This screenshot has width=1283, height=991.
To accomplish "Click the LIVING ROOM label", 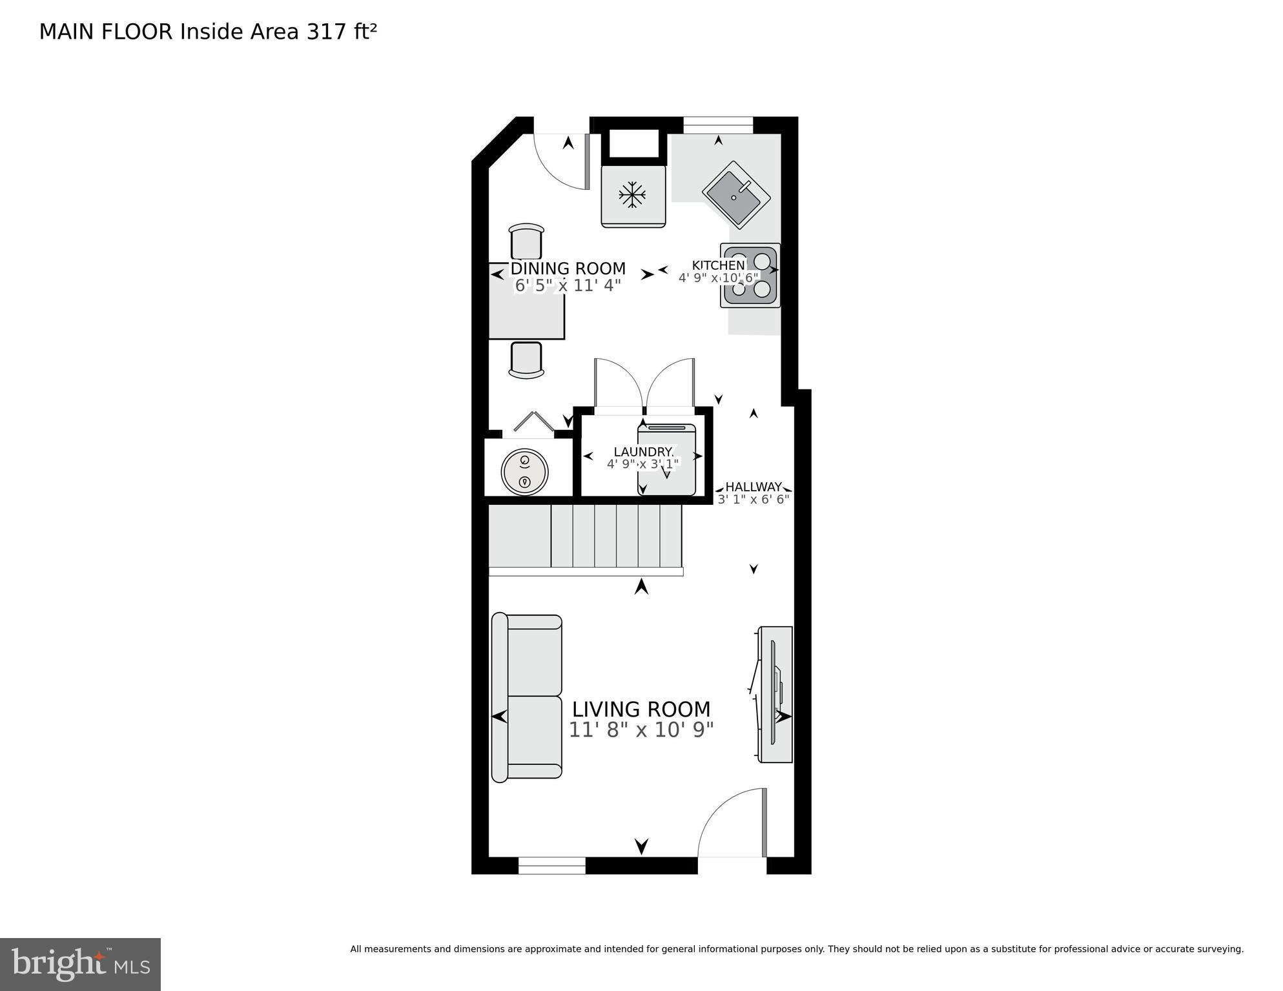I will [641, 710].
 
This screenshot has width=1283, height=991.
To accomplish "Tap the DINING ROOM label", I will [568, 269].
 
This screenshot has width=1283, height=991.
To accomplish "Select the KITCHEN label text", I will [718, 265].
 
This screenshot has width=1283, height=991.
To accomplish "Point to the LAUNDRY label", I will [643, 452].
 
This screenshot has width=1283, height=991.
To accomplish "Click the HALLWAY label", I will [753, 487].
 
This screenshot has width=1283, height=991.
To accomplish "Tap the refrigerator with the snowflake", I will [633, 196].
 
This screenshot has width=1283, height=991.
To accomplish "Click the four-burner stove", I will [750, 276].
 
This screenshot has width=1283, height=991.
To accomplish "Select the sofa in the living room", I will [526, 697].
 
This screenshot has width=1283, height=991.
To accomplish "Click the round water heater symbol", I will [524, 471].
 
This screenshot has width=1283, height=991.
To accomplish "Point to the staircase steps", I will [616, 536].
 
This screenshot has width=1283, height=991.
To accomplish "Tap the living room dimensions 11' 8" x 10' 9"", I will [641, 730].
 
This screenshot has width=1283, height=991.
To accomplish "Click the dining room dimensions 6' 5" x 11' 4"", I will [568, 285].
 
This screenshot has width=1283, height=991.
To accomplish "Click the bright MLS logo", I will [80, 965].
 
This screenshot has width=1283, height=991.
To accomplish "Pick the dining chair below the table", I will [526, 360].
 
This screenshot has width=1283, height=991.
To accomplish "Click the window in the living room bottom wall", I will [552, 865].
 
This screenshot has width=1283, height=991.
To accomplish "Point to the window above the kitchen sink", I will [718, 125].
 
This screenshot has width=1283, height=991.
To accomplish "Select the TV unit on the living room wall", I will [775, 694].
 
